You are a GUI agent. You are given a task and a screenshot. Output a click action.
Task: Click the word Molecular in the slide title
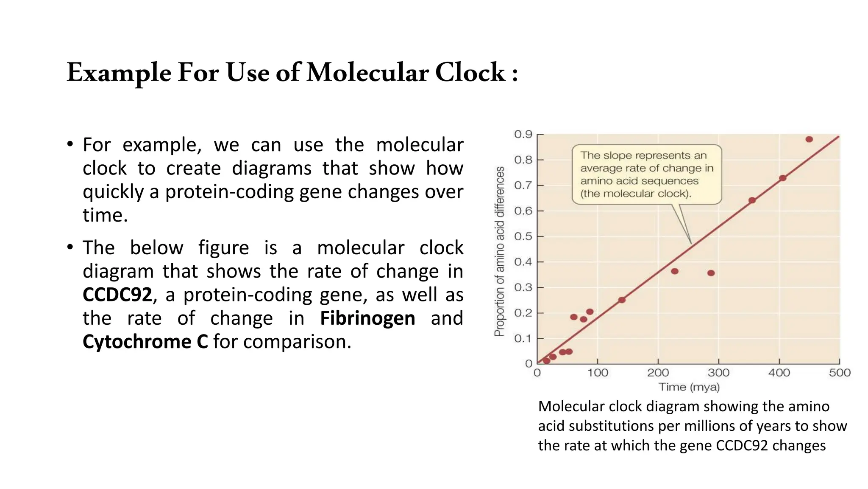pyautogui.click(x=367, y=73)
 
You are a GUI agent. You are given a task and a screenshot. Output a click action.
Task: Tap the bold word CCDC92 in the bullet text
pyautogui.click(x=117, y=295)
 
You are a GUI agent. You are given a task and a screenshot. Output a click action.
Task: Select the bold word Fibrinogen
pyautogui.click(x=367, y=318)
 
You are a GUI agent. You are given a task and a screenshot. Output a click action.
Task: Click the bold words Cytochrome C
pyautogui.click(x=145, y=342)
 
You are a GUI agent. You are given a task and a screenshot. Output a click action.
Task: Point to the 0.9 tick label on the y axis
pyautogui.click(x=523, y=135)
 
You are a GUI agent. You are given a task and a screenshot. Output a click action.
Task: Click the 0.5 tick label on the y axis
pyautogui.click(x=523, y=236)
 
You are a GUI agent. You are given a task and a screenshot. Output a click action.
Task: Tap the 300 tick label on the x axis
pyautogui.click(x=718, y=373)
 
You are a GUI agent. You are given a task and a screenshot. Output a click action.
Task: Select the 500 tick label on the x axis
pyautogui.click(x=840, y=373)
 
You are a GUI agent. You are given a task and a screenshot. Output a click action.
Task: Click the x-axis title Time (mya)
pyautogui.click(x=689, y=387)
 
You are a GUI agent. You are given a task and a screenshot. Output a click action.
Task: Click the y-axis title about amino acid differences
pyautogui.click(x=500, y=251)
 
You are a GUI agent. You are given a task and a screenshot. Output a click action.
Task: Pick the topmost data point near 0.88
pyautogui.click(x=809, y=139)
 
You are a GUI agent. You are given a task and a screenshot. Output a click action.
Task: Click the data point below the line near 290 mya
pyautogui.click(x=711, y=273)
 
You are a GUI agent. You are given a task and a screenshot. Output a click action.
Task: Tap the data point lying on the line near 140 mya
pyautogui.click(x=622, y=300)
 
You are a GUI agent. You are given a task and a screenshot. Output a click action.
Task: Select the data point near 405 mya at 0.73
pyautogui.click(x=783, y=178)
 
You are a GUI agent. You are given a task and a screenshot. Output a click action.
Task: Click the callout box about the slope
pyautogui.click(x=646, y=174)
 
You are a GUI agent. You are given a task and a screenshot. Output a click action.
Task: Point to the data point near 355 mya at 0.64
pyautogui.click(x=752, y=200)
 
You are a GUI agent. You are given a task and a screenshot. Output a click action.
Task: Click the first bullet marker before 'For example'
pyautogui.click(x=70, y=144)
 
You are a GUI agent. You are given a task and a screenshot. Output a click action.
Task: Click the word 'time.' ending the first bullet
pyautogui.click(x=105, y=215)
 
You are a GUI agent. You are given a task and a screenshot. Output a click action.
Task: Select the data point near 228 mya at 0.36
pyautogui.click(x=675, y=271)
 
